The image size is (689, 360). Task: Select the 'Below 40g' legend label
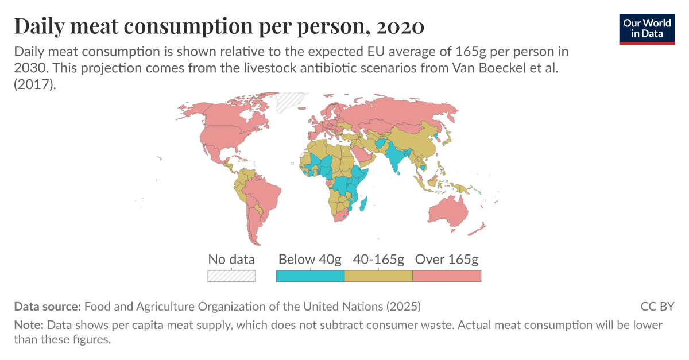tap(309, 259)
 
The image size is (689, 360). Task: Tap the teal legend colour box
tap(310, 276)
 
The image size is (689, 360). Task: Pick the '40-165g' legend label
tap(378, 259)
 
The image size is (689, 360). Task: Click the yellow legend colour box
tap(378, 276)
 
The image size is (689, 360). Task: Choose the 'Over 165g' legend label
tap(446, 259)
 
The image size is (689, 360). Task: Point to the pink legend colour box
tap(447, 276)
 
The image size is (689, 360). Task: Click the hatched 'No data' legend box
tap(231, 276)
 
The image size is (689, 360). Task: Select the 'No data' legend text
tap(231, 259)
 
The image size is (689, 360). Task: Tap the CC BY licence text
tap(657, 306)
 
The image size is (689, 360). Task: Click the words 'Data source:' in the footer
tap(48, 306)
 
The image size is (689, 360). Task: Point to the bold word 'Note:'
tap(29, 325)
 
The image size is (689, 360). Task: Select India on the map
tap(396, 158)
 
